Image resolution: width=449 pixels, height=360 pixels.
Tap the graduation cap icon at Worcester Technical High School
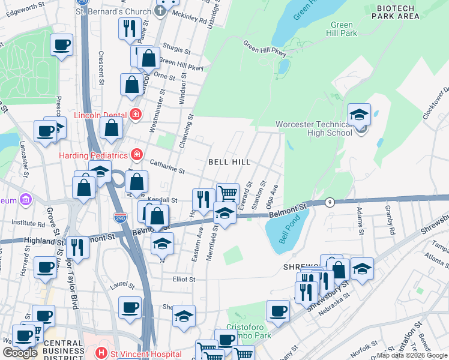point(359,115)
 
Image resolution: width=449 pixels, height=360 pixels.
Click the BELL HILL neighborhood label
point(229,162)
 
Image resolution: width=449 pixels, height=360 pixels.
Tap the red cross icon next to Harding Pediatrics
point(137,155)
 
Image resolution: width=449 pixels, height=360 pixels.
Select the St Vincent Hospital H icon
point(101,353)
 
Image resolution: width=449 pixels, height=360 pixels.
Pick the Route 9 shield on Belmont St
point(330,202)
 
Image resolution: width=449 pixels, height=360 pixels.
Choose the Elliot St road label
point(184,280)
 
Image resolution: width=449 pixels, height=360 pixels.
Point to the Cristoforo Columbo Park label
point(249,331)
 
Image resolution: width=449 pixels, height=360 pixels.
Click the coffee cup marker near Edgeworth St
point(61,46)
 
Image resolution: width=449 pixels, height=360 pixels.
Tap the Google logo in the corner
point(19,353)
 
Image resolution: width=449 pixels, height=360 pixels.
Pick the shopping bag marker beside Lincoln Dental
point(112,128)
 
